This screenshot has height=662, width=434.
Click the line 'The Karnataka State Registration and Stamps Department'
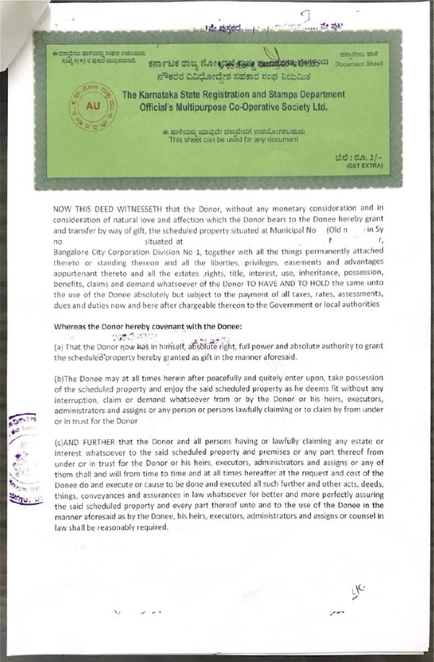[233, 94]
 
